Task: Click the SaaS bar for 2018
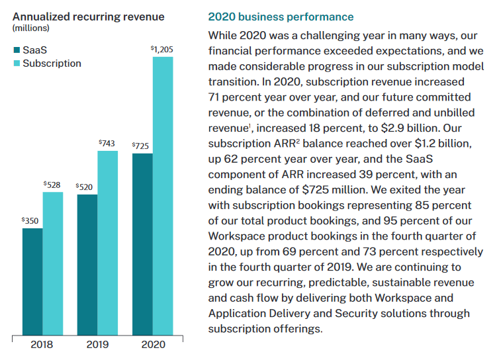pyautogui.click(x=32, y=281)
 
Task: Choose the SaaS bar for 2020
pyautogui.click(x=142, y=244)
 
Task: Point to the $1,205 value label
pyautogui.click(x=162, y=49)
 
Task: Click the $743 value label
pyautogui.click(x=107, y=143)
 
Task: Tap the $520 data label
pyautogui.click(x=85, y=187)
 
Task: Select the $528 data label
pyautogui.click(x=52, y=185)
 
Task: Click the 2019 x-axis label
pyautogui.click(x=97, y=345)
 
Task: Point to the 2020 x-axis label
pyautogui.click(x=152, y=345)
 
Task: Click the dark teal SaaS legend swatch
pyautogui.click(x=16, y=50)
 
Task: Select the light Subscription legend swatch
pyautogui.click(x=16, y=64)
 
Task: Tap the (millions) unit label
pyautogui.click(x=30, y=28)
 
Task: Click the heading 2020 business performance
pyautogui.click(x=281, y=17)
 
